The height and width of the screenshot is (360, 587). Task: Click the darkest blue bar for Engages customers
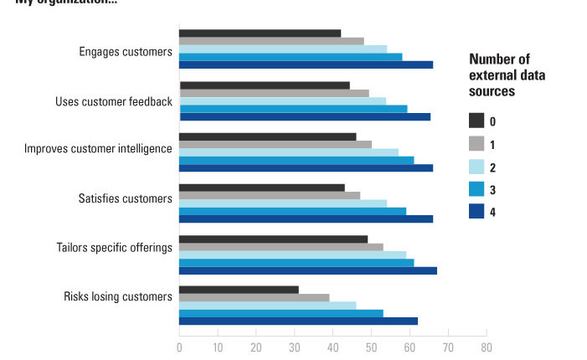coord(306,64)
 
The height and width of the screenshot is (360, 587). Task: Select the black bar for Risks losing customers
coord(239,290)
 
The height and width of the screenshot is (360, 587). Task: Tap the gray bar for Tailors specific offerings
coord(281,247)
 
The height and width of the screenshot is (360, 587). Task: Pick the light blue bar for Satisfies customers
coord(282,203)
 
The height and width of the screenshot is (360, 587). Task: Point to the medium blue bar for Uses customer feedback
coord(293,108)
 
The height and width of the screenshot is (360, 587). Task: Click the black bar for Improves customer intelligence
coord(267,136)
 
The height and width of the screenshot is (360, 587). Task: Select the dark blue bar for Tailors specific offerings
coord(307,270)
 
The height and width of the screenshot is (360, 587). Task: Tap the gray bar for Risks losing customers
coord(254,297)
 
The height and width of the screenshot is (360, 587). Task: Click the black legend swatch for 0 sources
coord(477,121)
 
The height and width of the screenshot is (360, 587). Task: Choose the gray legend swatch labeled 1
coord(477,143)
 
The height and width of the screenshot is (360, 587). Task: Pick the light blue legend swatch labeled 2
coord(477,167)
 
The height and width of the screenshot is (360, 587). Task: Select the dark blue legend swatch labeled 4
coord(477,212)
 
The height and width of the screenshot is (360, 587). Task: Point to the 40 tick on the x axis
coord(332,346)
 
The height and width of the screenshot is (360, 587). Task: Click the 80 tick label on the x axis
coord(486,346)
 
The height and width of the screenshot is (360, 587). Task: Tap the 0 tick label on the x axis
coord(179,346)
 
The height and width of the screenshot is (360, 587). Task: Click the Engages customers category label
coord(126,52)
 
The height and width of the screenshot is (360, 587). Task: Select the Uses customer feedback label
coord(114,102)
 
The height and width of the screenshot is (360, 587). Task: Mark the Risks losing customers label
coord(118,296)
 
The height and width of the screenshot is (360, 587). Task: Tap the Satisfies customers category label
coord(125,199)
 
